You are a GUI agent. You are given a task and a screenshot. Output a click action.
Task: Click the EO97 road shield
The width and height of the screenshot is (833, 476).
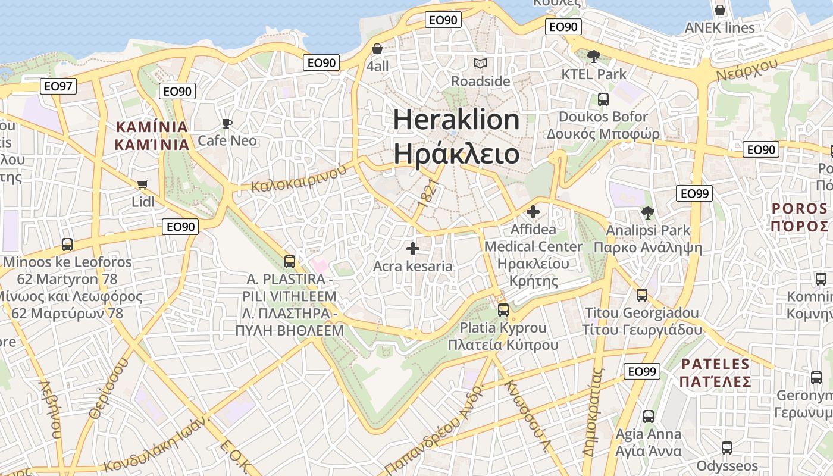point(58,86)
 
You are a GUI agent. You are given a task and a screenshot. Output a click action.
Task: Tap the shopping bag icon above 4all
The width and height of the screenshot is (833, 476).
point(377,49)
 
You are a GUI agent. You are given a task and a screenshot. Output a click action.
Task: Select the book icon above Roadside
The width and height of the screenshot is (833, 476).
point(480,63)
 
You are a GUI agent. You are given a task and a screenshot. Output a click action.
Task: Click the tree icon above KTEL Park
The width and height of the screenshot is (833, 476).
point(593,57)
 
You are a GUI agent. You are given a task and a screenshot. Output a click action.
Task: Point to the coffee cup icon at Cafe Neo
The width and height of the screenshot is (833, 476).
point(227,123)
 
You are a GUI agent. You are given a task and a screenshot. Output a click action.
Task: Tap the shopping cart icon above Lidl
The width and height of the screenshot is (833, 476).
point(142,184)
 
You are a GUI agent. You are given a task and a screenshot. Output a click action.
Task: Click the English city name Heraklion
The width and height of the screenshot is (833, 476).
point(456,120)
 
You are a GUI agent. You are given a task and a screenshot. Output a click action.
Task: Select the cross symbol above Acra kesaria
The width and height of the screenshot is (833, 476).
point(412,249)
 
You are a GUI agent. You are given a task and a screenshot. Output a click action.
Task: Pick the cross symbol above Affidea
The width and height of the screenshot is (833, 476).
point(533,211)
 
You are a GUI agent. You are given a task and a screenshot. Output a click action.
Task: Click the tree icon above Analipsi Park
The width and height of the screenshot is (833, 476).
point(647,212)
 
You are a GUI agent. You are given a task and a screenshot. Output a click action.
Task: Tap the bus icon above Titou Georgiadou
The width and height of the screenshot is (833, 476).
point(641,295)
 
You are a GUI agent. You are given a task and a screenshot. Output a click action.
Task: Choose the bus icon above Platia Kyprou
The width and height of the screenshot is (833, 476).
point(503,309)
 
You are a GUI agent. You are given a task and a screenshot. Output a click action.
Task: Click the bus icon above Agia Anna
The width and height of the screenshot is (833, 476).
point(648,416)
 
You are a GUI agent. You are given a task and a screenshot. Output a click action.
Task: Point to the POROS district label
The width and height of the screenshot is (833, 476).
point(800,208)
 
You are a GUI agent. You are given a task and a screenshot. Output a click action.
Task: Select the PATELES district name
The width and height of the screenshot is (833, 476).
point(715,364)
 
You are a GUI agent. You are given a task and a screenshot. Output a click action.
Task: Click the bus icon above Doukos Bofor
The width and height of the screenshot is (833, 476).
point(603,99)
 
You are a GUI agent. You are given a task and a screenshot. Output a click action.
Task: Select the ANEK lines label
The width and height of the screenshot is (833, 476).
point(719,27)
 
